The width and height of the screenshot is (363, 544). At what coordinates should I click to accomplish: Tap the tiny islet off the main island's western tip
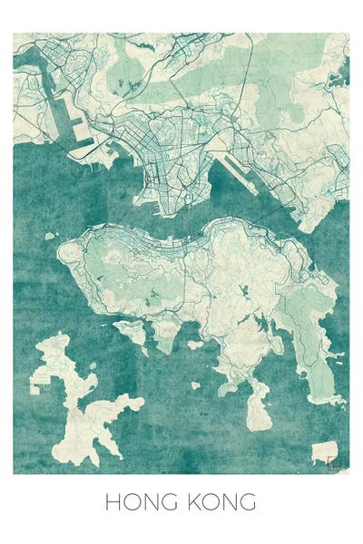[x=50, y=236]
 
